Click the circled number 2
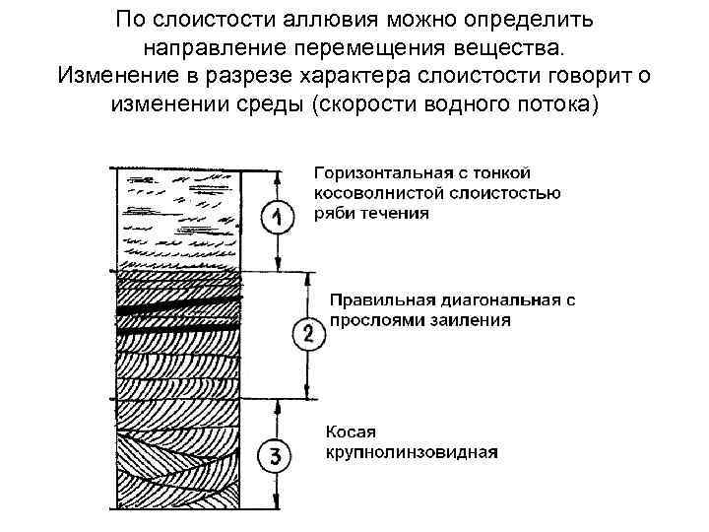pyautogui.click(x=308, y=335)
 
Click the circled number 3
pyautogui.click(x=275, y=456)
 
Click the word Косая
pyautogui.click(x=351, y=432)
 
